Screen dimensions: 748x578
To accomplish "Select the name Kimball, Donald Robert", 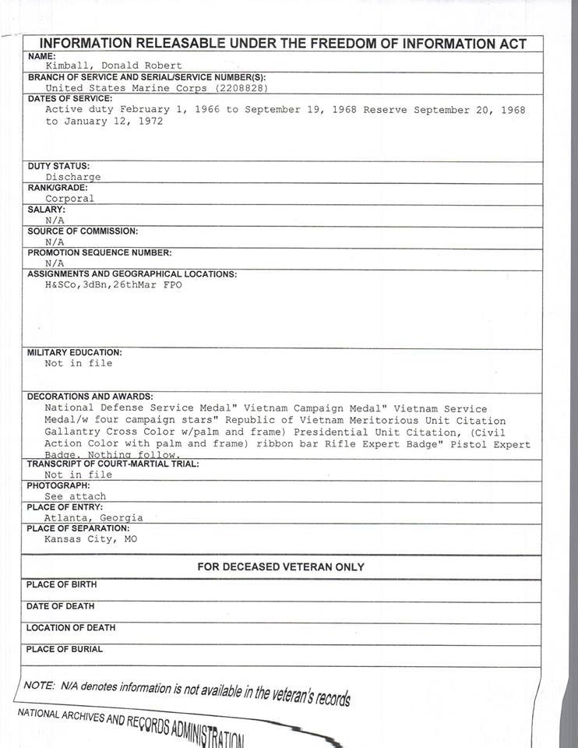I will point(113,66).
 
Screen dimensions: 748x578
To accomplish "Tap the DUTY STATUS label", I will point(58,166).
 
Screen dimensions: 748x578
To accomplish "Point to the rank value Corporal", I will point(69,198).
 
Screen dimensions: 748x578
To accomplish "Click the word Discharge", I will point(72,177).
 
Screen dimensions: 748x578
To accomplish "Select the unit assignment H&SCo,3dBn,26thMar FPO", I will point(113,285).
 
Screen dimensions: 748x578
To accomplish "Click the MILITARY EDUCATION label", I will point(75,352).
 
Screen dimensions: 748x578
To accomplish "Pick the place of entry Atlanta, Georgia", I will point(93,517).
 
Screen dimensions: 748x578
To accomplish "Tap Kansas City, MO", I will point(90,538).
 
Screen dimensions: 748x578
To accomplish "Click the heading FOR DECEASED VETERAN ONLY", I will point(280,567).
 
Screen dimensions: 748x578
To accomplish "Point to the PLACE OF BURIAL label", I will point(64,649).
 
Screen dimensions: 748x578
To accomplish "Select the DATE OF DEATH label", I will point(60,606).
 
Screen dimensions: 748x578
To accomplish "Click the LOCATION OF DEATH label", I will point(70,627).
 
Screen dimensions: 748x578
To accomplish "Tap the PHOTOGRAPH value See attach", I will point(75,496).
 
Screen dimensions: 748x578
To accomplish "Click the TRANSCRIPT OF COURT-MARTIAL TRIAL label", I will point(113,464).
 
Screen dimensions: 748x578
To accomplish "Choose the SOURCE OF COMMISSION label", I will point(83,231).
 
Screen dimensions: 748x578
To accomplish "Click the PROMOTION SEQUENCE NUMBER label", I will point(98,252).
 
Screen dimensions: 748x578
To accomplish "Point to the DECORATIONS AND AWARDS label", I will point(90,397).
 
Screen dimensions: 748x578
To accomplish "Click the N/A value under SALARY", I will point(55,221).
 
